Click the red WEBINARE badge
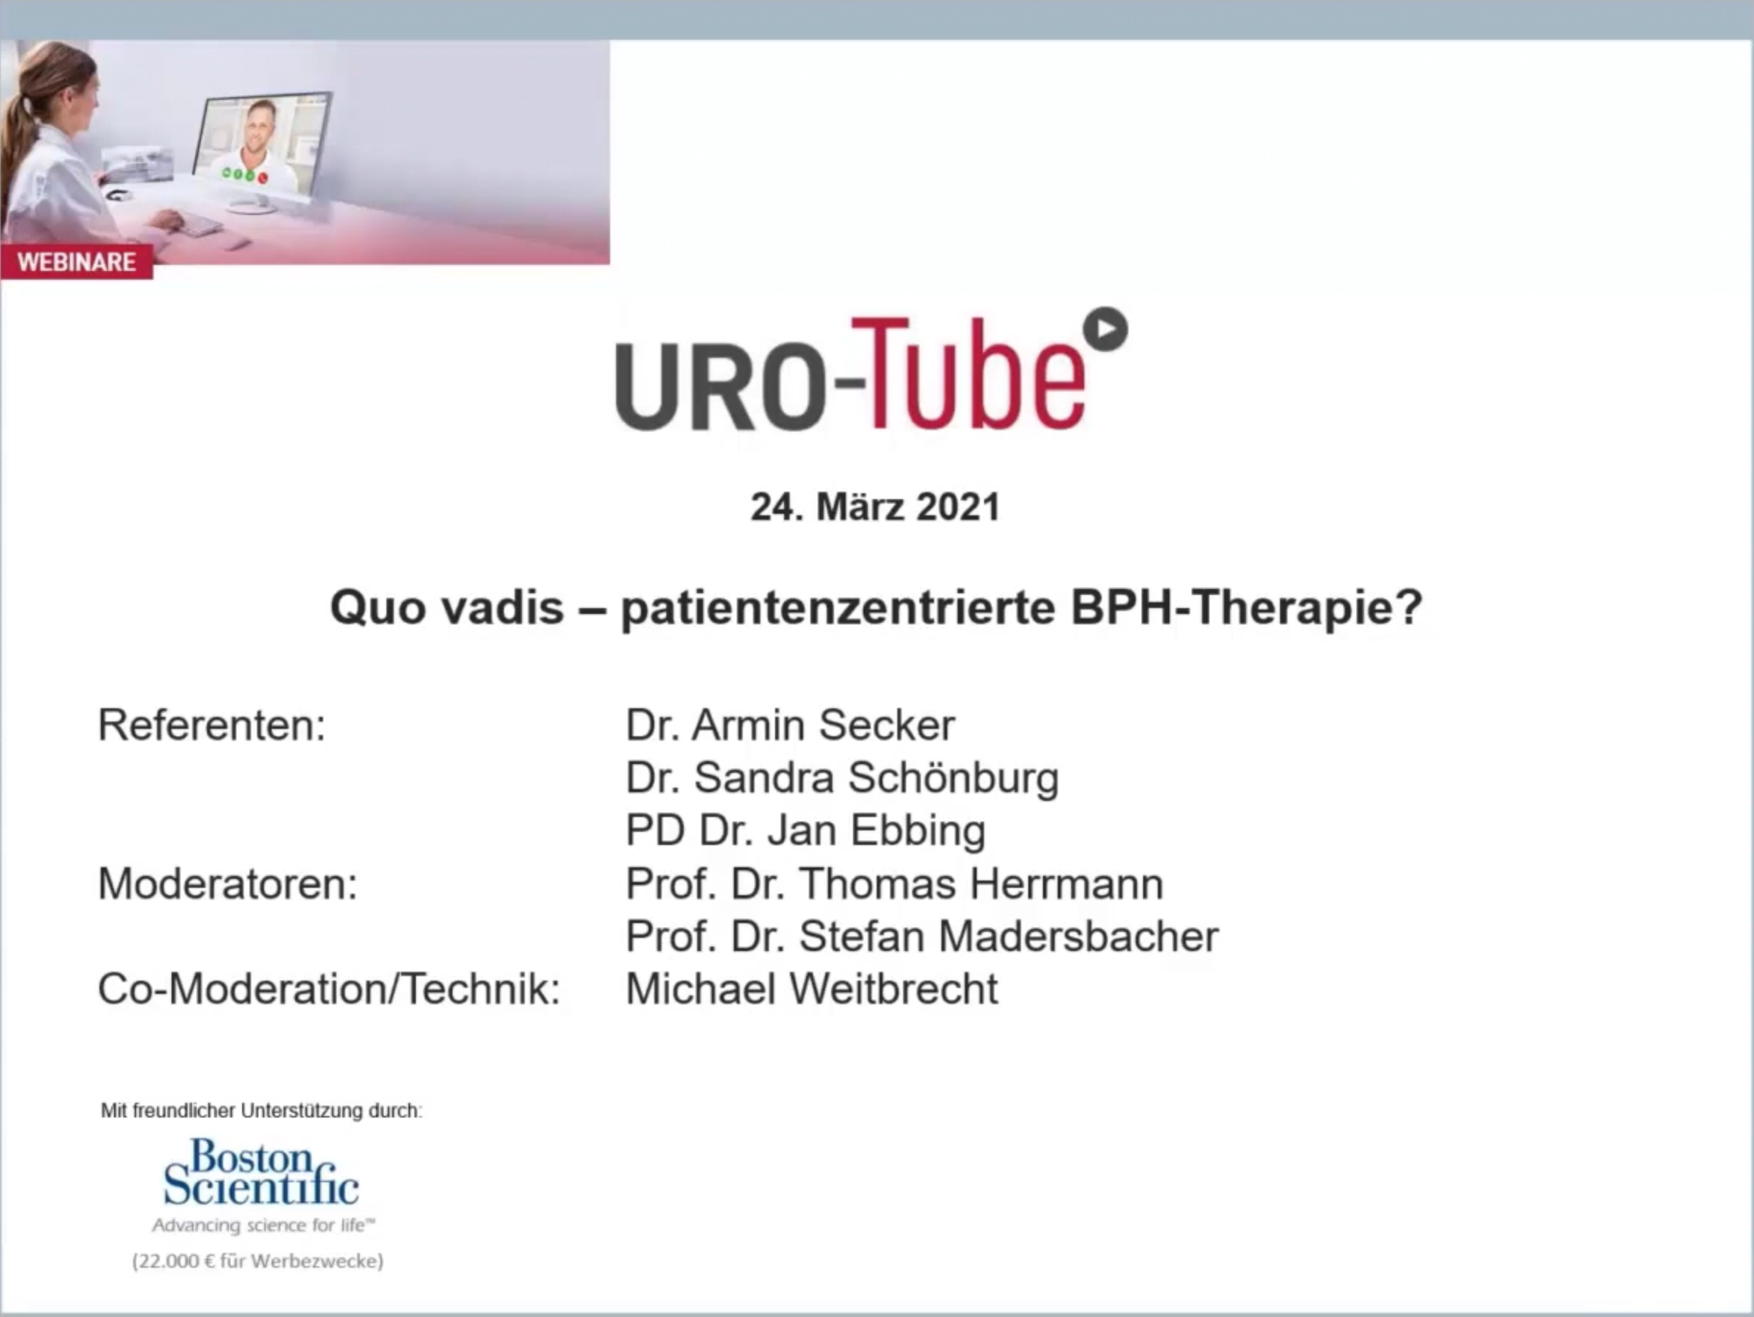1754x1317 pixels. click(77, 261)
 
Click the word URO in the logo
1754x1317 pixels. click(719, 385)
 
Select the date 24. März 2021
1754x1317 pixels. click(875, 507)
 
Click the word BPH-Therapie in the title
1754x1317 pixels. click(1247, 609)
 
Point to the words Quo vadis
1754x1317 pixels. click(447, 608)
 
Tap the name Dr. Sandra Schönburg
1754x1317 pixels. click(842, 778)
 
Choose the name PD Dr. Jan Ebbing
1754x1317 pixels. click(806, 831)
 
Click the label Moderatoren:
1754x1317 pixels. click(227, 883)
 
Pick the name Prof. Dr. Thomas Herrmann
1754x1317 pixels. click(894, 883)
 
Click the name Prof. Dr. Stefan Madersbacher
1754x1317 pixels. click(922, 936)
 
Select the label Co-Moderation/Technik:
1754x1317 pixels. click(329, 989)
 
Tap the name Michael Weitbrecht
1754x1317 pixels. click(812, 989)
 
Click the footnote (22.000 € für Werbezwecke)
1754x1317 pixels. click(258, 1261)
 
